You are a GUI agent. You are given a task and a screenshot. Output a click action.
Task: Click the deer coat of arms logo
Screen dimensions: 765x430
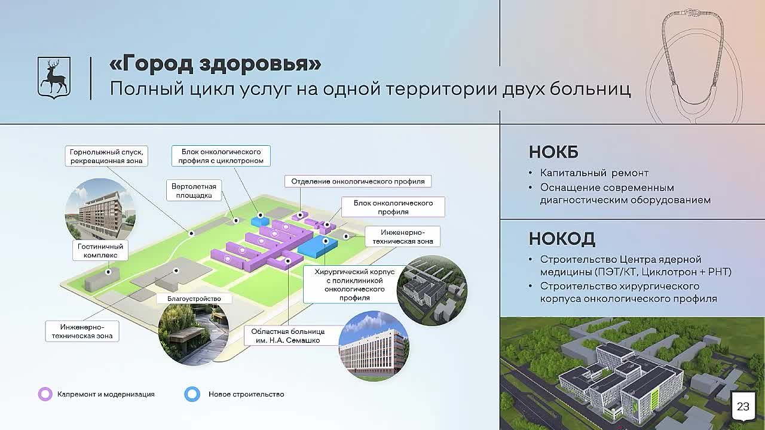(x=54, y=78)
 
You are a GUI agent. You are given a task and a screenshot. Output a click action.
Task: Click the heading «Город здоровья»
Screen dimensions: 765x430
(x=216, y=63)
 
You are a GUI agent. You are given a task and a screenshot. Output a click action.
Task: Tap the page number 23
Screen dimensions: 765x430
(x=743, y=406)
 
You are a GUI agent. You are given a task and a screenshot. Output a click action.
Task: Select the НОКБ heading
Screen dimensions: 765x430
(x=553, y=152)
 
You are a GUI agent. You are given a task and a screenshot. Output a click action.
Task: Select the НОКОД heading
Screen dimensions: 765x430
(x=562, y=238)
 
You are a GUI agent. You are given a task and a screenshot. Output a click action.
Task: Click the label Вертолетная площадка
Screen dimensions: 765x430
(x=194, y=191)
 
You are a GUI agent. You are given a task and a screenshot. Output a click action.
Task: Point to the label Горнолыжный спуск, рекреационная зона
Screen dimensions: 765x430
(x=106, y=156)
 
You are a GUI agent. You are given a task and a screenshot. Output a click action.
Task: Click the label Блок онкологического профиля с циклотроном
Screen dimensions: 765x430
(x=221, y=156)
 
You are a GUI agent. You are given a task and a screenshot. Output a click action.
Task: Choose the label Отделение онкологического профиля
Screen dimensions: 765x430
(x=358, y=181)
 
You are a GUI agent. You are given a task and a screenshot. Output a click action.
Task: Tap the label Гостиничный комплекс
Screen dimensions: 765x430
(x=100, y=250)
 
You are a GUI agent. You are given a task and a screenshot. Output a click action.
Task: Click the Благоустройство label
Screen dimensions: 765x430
(x=194, y=299)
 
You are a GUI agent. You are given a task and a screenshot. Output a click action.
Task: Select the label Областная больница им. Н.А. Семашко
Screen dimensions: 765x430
(x=288, y=336)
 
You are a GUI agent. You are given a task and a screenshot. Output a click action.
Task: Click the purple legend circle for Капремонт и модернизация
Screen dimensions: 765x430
(x=45, y=394)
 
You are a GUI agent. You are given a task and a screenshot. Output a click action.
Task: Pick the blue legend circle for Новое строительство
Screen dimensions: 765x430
(x=192, y=394)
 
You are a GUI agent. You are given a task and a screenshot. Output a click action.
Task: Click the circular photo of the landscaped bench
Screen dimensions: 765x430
(x=193, y=334)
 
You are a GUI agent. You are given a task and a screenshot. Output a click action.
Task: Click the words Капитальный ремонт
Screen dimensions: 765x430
(x=594, y=173)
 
